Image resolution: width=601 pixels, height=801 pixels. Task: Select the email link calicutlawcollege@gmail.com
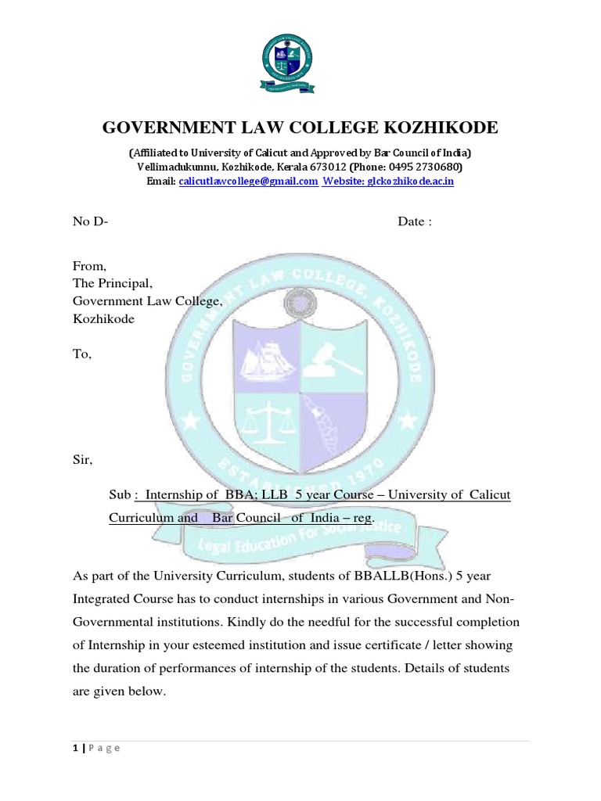[248, 181]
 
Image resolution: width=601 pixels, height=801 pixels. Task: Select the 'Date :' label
[414, 221]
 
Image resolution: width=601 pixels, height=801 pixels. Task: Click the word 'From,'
[88, 266]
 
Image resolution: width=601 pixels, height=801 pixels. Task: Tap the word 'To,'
[82, 354]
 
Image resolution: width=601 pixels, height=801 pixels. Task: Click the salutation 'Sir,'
[82, 460]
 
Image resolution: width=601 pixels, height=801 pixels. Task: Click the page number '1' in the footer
[75, 748]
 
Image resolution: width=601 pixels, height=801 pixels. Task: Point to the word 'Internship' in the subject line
[175, 496]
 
